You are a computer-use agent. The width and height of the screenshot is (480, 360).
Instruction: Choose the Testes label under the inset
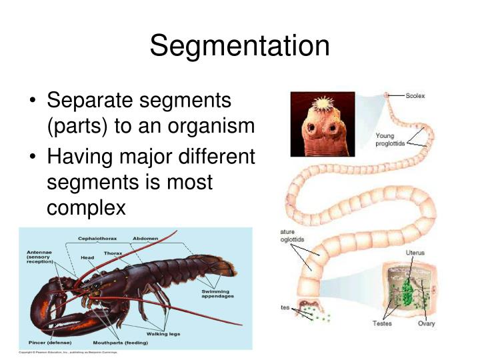coord(382,323)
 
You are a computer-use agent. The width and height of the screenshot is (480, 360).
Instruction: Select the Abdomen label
coord(145,238)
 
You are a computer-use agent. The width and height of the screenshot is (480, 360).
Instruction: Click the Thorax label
coord(113,253)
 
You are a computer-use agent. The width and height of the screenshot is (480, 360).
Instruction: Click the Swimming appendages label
coord(217,294)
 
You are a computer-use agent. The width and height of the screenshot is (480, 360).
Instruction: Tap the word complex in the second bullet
coord(86,207)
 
